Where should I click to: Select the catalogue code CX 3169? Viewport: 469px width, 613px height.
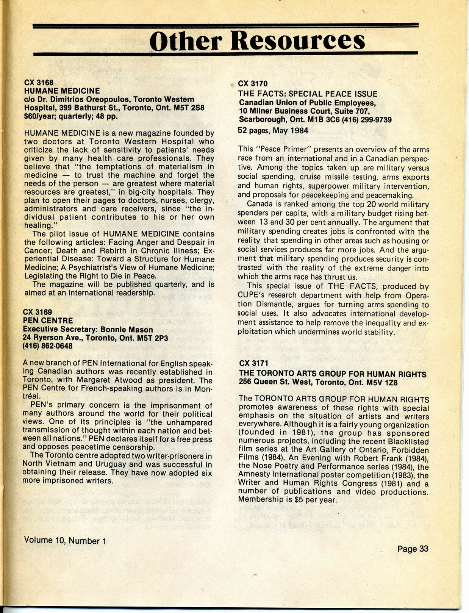[38, 312]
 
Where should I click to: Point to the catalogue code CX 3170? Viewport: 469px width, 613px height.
[252, 84]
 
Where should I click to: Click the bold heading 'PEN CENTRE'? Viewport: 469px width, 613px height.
[48, 321]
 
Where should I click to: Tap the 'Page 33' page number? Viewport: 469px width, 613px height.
[413, 549]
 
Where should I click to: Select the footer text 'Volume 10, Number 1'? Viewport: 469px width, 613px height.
[65, 541]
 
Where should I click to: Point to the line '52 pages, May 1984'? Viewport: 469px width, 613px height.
[273, 130]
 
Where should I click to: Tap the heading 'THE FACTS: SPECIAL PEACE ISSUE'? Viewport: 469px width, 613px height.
[307, 94]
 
